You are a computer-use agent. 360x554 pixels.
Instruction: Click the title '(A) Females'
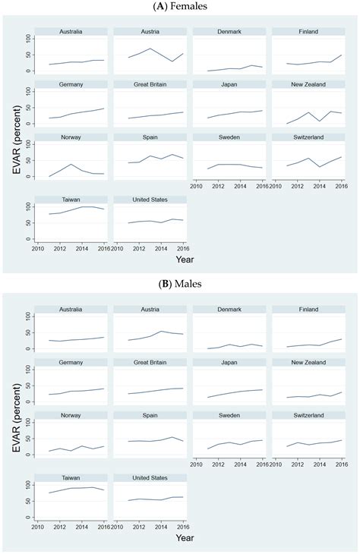coord(180,7)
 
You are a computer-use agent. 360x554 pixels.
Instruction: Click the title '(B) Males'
coord(180,285)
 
